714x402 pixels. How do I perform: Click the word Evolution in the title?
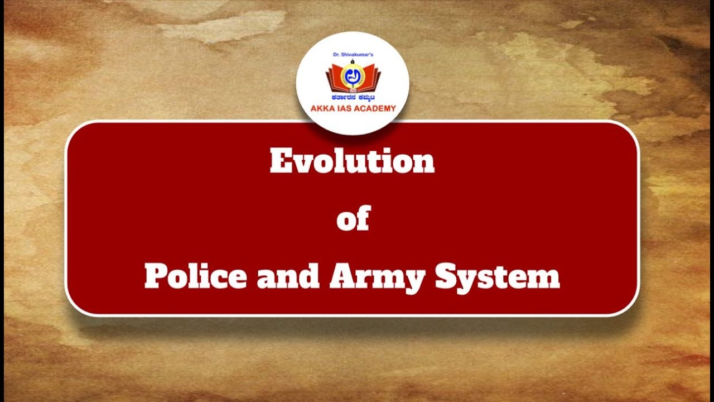352,162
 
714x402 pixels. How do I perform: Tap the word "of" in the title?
353,219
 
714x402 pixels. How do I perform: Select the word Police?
195,276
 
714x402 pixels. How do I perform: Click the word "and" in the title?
288,277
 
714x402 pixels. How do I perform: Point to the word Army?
377,277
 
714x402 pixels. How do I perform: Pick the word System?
497,277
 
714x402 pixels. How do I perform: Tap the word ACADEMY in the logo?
376,108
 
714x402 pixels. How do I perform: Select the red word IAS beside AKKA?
346,108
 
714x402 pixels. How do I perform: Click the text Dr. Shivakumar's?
353,55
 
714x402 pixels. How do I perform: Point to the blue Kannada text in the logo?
353,97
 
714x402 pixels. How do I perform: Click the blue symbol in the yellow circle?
353,76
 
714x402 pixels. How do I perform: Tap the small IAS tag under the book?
353,90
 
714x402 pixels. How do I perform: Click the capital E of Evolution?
279,162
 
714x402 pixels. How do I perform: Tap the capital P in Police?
153,276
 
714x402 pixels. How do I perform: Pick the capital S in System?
446,277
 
